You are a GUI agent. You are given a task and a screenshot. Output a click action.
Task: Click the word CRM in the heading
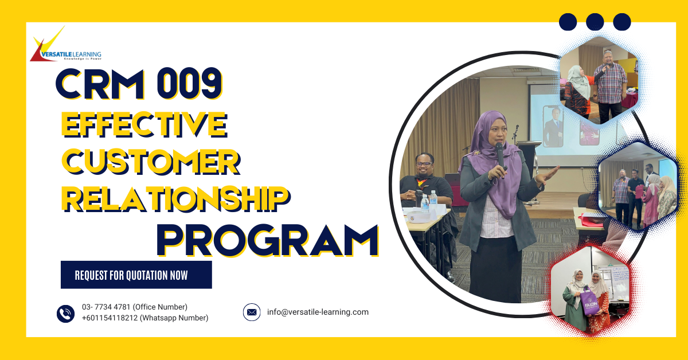[100, 84]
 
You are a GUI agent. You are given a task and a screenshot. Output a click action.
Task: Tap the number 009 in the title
[190, 84]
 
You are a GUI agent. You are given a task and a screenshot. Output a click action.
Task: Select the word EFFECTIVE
[144, 124]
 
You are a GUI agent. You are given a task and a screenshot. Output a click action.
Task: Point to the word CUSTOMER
[151, 162]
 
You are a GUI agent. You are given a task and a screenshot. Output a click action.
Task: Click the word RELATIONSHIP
[175, 199]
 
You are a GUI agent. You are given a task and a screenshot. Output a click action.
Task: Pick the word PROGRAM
[268, 241]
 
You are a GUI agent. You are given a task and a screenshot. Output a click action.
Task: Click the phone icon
[65, 314]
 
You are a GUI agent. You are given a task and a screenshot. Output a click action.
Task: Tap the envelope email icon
[252, 312]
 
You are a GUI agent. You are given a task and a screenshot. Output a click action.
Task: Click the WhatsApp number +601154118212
[110, 318]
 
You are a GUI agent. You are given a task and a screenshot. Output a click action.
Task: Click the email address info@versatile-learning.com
[318, 312]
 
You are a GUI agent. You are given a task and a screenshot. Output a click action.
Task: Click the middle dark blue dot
[595, 22]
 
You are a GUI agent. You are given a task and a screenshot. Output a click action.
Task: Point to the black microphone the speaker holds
[500, 156]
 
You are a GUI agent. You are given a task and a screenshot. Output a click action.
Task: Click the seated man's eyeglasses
[424, 164]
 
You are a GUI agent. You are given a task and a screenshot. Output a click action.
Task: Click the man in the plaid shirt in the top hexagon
[609, 88]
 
